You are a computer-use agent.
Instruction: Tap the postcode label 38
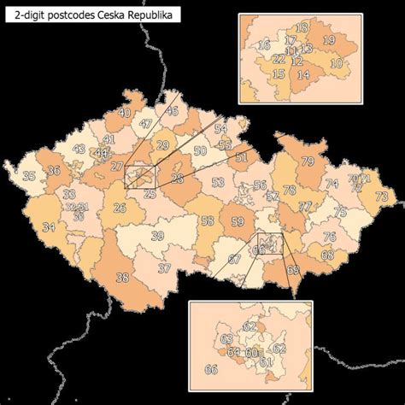(x=122, y=276)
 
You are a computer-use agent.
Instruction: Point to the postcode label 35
(x=28, y=176)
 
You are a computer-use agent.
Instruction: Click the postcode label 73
(x=380, y=197)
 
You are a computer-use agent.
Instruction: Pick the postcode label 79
(x=308, y=161)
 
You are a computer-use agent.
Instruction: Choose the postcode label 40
(x=124, y=113)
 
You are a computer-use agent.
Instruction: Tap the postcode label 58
(x=208, y=220)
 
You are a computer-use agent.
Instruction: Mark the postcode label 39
(x=157, y=236)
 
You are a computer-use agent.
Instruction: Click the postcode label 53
(x=218, y=182)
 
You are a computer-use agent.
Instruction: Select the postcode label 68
(x=326, y=255)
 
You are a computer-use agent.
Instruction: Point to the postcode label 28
(x=177, y=178)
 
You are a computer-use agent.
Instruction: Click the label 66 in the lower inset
(x=210, y=369)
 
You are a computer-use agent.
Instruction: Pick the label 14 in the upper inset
(x=302, y=74)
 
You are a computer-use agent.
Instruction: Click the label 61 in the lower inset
(x=265, y=361)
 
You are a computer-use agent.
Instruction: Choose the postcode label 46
(x=172, y=111)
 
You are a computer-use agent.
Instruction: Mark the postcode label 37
(x=164, y=268)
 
